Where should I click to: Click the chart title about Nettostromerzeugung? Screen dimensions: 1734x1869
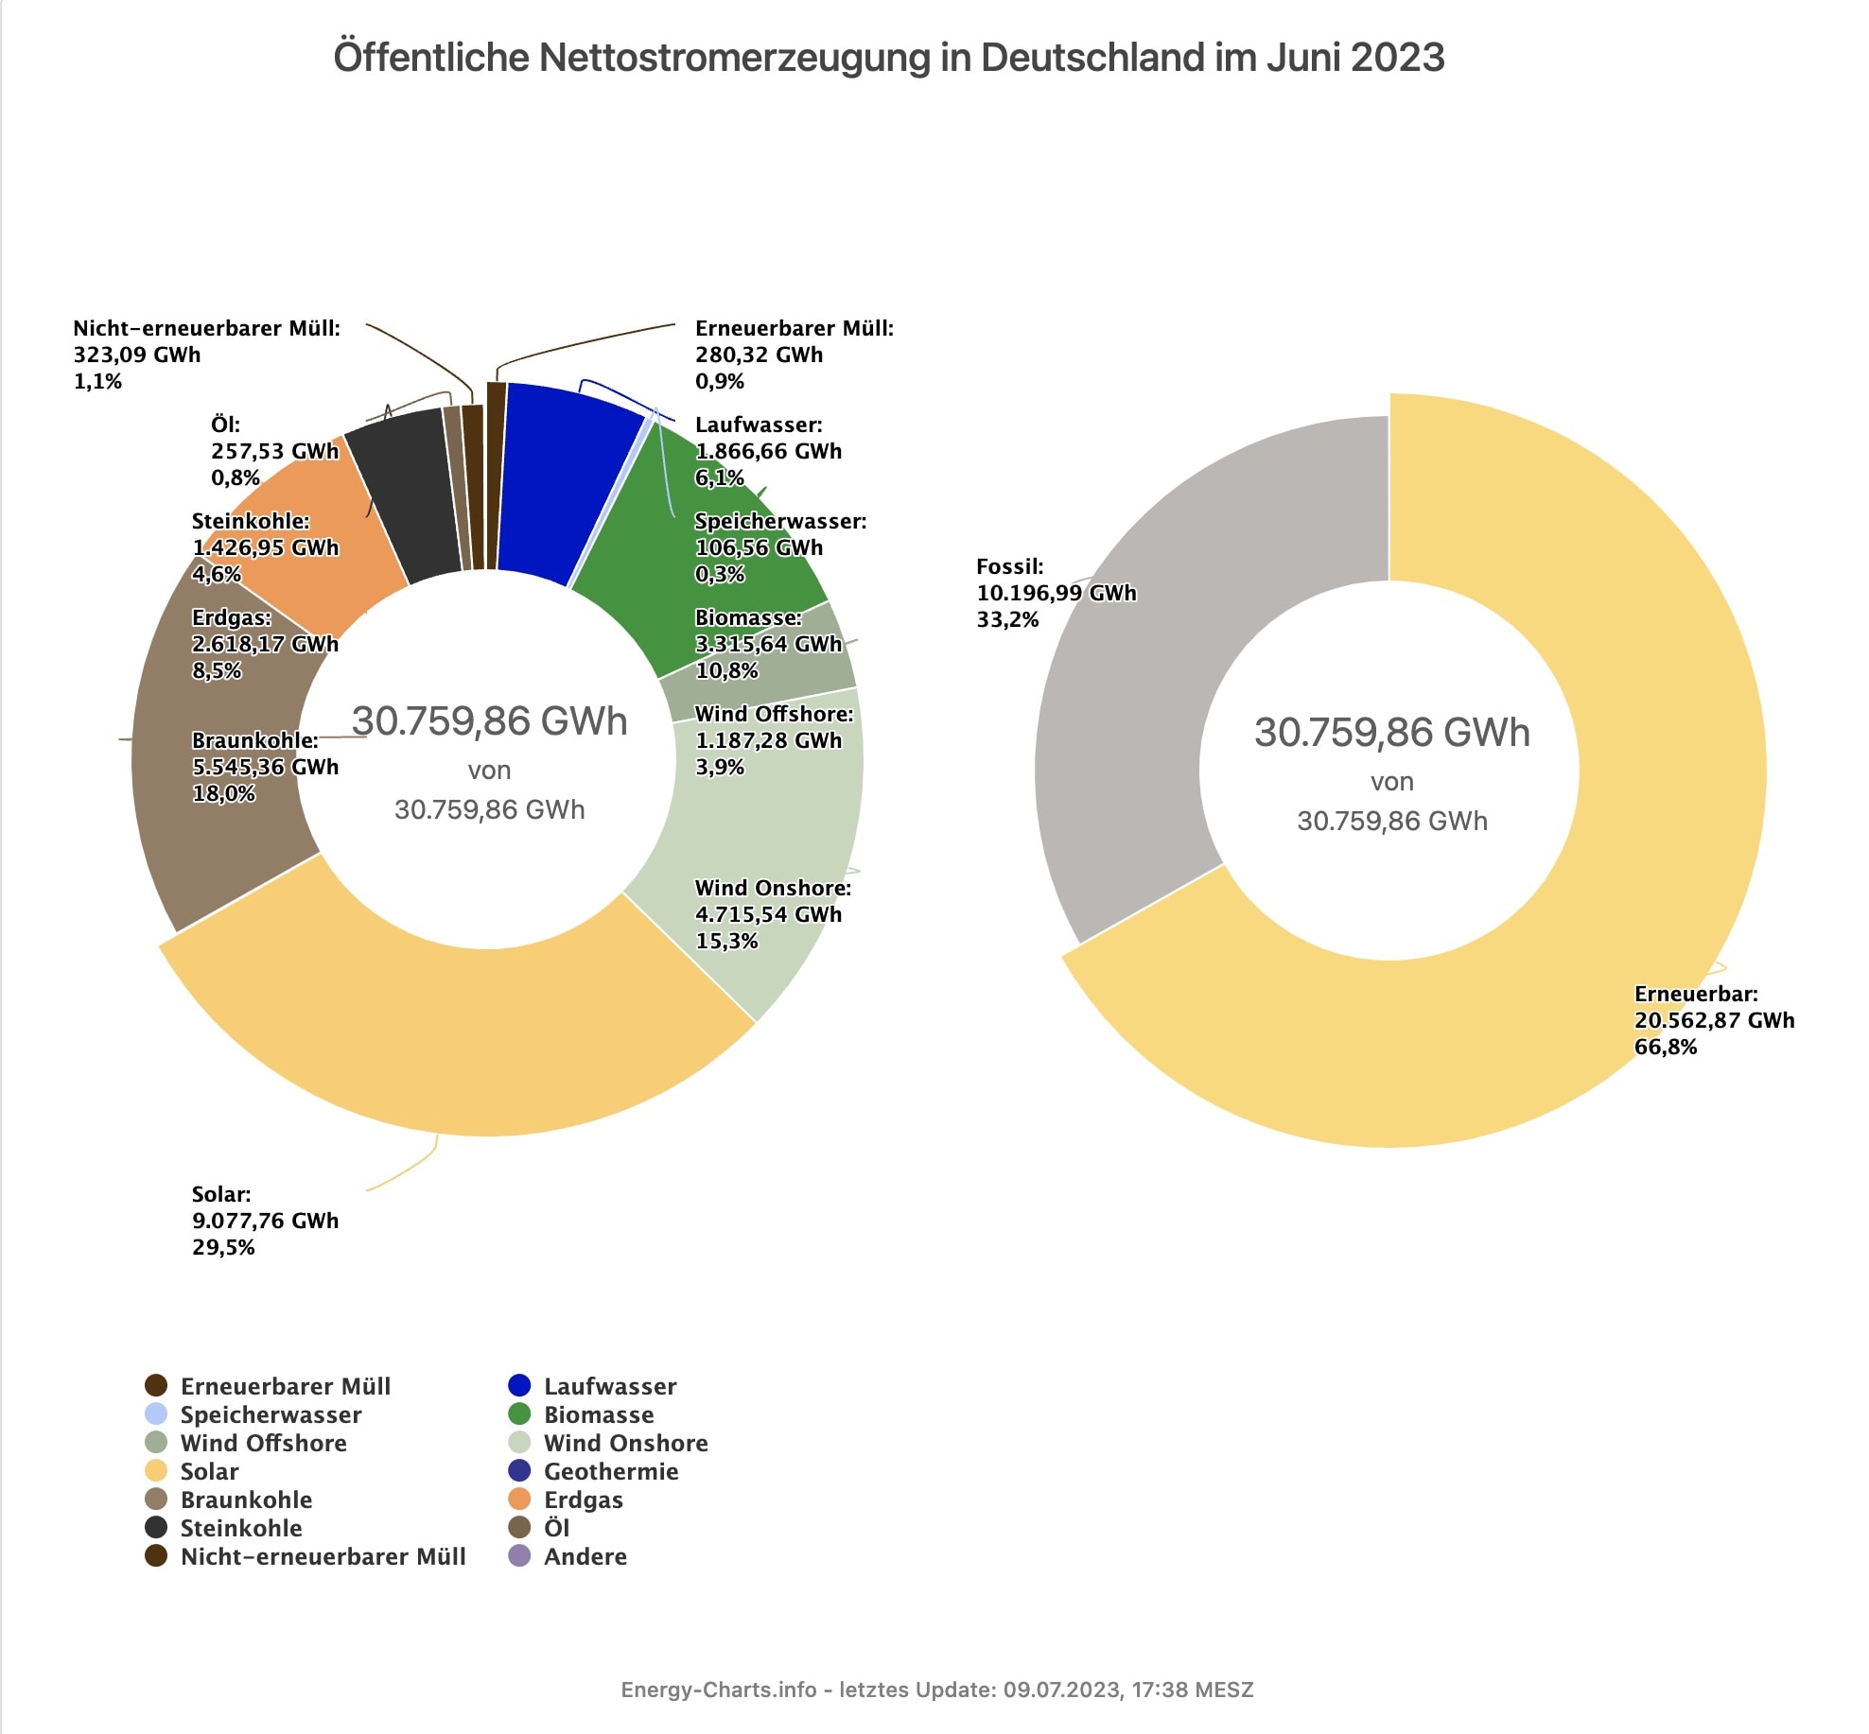tap(888, 57)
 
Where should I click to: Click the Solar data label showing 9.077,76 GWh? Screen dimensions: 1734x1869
tap(264, 1221)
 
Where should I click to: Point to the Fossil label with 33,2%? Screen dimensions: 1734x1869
tap(1056, 593)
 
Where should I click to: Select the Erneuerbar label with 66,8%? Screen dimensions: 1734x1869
tap(1713, 1020)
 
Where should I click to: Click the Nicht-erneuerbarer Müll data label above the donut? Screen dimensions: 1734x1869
tap(206, 355)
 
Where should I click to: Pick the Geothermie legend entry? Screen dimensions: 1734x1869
tap(610, 1471)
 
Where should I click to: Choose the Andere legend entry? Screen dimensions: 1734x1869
tap(585, 1556)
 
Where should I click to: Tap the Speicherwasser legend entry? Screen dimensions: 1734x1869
tap(271, 1414)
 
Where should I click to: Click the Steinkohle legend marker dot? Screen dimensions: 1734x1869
tap(156, 1528)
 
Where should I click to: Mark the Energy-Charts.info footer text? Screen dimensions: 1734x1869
tap(936, 1690)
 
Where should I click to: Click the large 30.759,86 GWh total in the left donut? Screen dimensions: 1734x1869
tap(489, 721)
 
